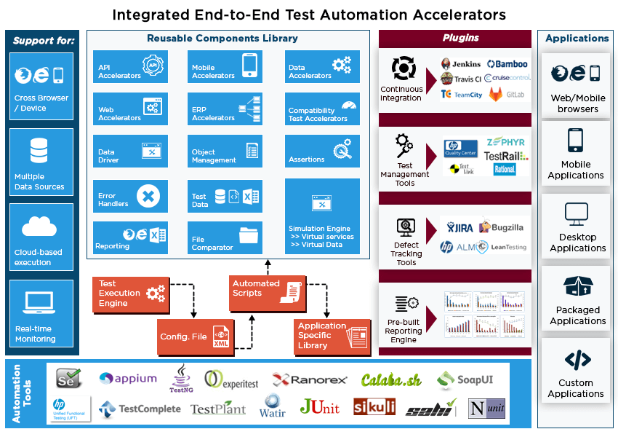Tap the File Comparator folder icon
pos(249,235)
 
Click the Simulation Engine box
pos(322,216)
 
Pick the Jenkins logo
pos(461,64)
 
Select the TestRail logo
pos(506,156)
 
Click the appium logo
pos(128,378)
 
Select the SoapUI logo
pos(465,379)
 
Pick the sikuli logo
pos(374,406)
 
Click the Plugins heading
pos(461,38)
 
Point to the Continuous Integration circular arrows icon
pos(402,68)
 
